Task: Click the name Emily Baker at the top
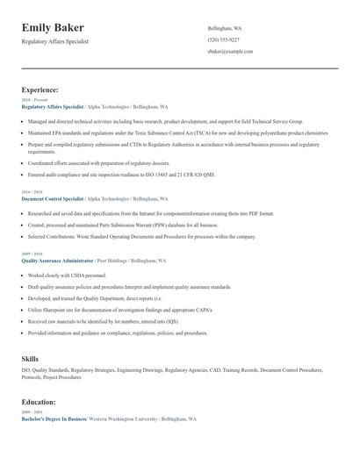click(59, 28)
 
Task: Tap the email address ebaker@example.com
click(230, 52)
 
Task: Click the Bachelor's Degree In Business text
click(54, 419)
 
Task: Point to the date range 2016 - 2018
click(31, 191)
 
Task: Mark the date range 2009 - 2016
click(31, 254)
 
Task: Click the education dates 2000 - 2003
click(31, 412)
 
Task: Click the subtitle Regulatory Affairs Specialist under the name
click(67, 41)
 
